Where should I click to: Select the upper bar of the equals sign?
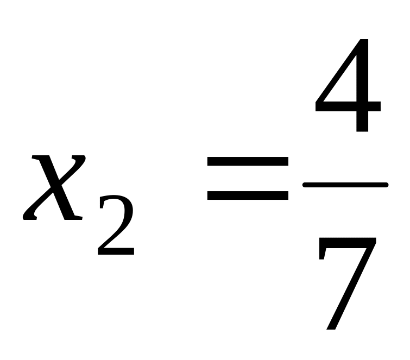pos(247,161)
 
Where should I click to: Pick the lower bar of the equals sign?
pos(247,195)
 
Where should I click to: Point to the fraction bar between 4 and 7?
pos(345,185)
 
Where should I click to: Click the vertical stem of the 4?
pos(362,87)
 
